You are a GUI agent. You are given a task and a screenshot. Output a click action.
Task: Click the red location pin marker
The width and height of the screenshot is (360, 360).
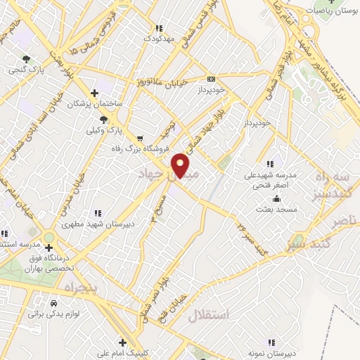(x=181, y=165)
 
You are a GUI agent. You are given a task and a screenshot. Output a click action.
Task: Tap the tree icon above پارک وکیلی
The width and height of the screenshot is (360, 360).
(x=105, y=119)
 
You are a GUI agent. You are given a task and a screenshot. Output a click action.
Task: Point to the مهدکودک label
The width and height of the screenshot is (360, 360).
(x=158, y=39)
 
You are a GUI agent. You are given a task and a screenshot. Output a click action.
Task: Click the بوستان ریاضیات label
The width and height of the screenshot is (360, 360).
(x=330, y=11)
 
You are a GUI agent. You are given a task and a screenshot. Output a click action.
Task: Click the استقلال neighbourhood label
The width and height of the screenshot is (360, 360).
(x=209, y=315)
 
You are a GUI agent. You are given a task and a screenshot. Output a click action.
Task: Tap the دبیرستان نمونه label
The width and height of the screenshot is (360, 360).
(x=266, y=352)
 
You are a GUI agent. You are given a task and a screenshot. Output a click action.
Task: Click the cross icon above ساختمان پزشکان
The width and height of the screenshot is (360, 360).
(x=94, y=93)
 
